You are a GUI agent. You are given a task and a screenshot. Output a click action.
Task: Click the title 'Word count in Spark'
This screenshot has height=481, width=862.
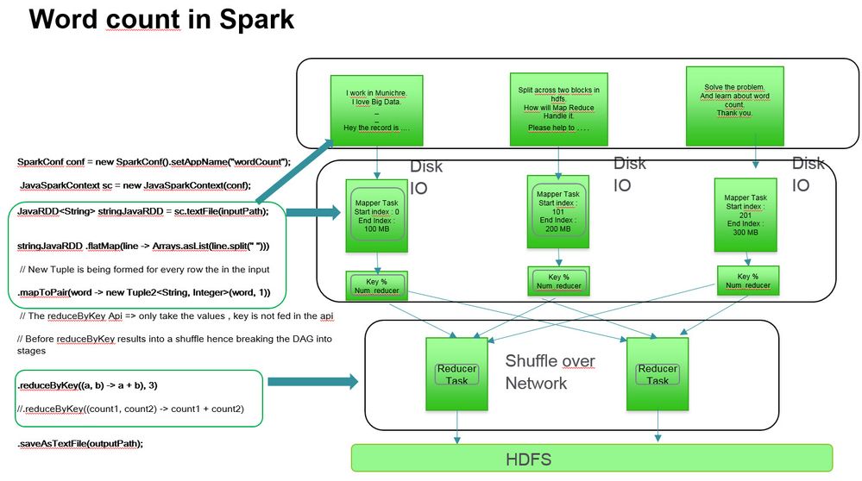(x=161, y=20)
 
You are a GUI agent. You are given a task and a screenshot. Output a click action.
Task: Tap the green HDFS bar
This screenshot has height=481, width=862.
(x=591, y=459)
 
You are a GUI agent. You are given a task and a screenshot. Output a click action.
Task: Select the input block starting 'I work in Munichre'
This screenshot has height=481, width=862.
(x=376, y=109)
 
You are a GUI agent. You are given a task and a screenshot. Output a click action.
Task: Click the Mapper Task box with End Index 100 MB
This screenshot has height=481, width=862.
(x=376, y=216)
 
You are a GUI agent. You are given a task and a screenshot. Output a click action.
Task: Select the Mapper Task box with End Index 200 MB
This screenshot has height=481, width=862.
(x=558, y=211)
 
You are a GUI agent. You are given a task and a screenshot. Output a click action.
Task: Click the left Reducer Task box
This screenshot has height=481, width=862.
(x=457, y=373)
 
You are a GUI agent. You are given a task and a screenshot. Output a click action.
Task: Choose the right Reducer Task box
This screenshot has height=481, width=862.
(x=658, y=373)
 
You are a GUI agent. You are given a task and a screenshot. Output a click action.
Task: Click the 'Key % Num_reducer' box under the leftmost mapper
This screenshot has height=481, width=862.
(x=376, y=285)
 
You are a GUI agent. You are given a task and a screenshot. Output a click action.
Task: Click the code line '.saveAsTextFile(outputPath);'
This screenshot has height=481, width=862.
(x=79, y=443)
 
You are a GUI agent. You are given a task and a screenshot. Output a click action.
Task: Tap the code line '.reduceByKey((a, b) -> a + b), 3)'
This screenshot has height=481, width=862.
(x=98, y=384)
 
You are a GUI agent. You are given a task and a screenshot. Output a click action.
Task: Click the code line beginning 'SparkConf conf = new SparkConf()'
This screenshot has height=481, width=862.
(x=154, y=161)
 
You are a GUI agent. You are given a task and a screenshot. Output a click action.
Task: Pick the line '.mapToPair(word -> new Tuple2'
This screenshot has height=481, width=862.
(x=143, y=292)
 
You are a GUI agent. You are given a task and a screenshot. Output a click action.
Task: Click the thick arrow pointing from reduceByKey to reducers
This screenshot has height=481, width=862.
(x=313, y=381)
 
